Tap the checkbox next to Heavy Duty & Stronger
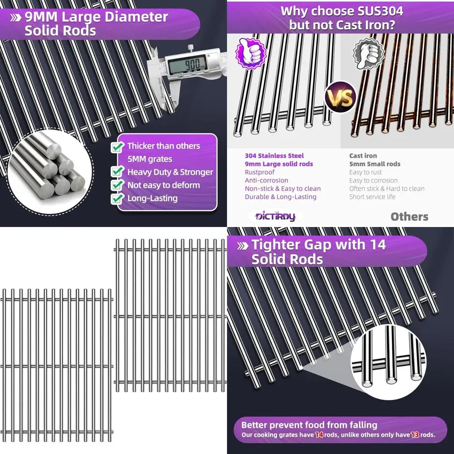pyautogui.click(x=118, y=172)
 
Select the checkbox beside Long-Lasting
pyautogui.click(x=118, y=198)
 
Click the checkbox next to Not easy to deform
pyautogui.click(x=118, y=185)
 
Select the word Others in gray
pyautogui.click(x=409, y=217)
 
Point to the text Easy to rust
pyautogui.click(x=365, y=172)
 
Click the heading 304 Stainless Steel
pyautogui.click(x=274, y=156)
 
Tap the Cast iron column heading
pyautogui.click(x=363, y=156)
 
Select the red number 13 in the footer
pyautogui.click(x=415, y=435)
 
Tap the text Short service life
pyautogui.click(x=372, y=197)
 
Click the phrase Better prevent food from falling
pyautogui.click(x=309, y=425)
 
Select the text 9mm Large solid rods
pyautogui.click(x=279, y=164)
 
